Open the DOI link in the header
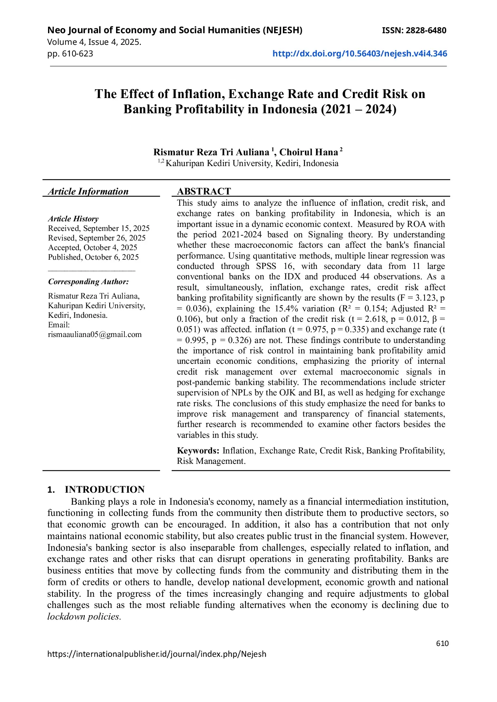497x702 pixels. [359, 54]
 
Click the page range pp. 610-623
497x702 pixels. [70, 54]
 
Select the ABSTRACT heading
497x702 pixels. [204, 191]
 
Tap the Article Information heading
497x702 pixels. [88, 191]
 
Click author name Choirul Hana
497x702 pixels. [309, 152]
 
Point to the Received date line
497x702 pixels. [98, 228]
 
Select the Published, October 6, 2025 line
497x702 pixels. [93, 257]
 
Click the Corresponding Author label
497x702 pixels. [88, 282]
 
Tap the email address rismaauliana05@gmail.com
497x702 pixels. [94, 335]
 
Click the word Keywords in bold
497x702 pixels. [198, 451]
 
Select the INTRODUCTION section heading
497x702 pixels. [104, 489]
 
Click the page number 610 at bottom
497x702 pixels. [442, 643]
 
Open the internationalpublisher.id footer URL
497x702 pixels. [156, 654]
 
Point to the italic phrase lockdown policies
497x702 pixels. [84, 617]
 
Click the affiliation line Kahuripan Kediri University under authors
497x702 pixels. [252, 163]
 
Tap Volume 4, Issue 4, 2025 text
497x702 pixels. [94, 42]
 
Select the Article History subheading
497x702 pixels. [73, 219]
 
